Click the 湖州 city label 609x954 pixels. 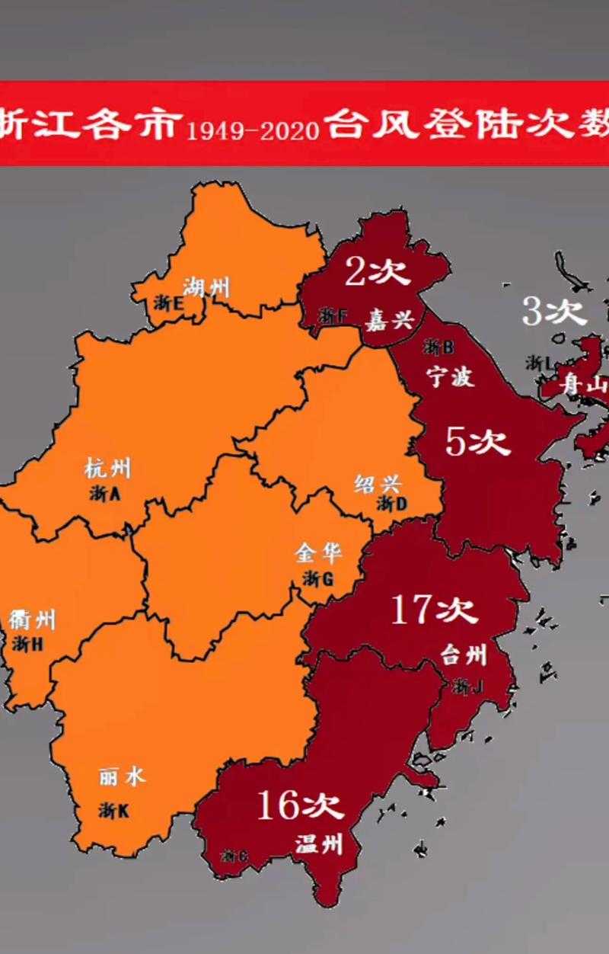pos(206,288)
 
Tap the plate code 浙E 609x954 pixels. pos(168,303)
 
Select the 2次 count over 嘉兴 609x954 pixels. pos(378,272)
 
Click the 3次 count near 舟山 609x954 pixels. pos(554,312)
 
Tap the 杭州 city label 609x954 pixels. pos(108,468)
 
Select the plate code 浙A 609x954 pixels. pos(105,494)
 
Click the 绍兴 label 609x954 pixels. pos(378,482)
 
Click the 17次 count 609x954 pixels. pos(434,610)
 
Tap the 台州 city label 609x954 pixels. pos(464,654)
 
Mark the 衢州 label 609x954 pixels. pos(33,619)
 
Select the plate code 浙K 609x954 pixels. pos(113,811)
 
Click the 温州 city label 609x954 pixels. pos(319,844)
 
